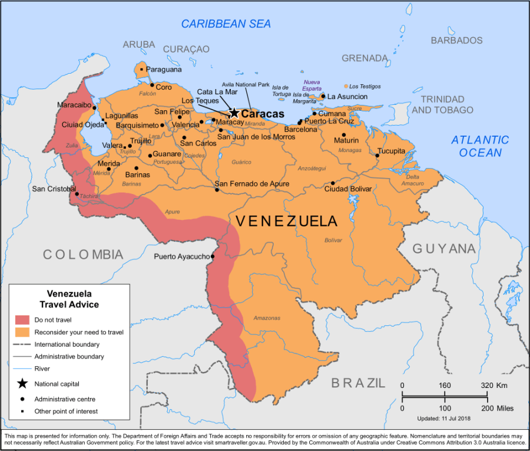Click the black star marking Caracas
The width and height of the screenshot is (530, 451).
(x=234, y=113)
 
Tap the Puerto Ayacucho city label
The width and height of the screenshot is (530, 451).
(x=181, y=256)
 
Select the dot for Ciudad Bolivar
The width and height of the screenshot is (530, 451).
(x=333, y=183)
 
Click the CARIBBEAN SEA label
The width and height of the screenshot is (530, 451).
(x=226, y=24)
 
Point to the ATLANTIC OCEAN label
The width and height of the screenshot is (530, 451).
(x=480, y=146)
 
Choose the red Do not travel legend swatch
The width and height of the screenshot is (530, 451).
(x=22, y=320)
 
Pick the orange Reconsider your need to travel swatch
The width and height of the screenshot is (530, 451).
(x=22, y=332)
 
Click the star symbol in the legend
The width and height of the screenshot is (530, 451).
(x=22, y=384)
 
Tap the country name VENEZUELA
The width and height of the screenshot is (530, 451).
(x=287, y=221)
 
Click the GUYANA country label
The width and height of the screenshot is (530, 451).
(x=443, y=249)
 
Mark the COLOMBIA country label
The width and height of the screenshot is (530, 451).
(x=83, y=255)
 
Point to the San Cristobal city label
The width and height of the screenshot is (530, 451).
(x=54, y=189)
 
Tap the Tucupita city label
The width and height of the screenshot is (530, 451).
(x=392, y=151)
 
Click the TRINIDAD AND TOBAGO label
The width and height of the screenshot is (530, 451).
(x=442, y=104)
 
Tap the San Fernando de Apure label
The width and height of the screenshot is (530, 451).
(x=252, y=184)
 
